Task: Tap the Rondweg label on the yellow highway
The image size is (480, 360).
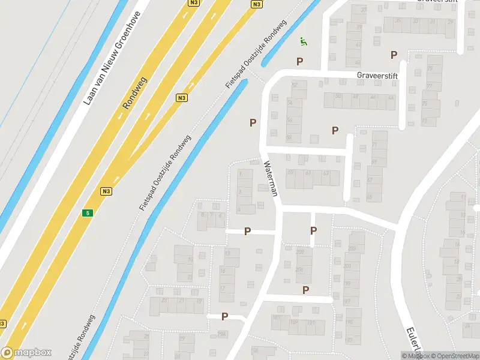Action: [134, 92]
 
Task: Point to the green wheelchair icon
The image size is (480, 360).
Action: [304, 41]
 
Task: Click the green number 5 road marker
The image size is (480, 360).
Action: [88, 213]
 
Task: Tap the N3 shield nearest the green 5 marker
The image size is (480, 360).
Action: [106, 191]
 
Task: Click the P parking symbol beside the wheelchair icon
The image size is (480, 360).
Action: [299, 61]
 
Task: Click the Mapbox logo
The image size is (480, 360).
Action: [26, 353]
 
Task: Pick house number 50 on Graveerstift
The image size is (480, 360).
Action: [338, 97]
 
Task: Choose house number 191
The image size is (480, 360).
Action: [311, 323]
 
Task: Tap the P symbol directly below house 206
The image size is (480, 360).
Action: [306, 290]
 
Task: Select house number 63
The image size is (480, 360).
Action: [326, 173]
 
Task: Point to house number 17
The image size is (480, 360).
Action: [222, 289]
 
